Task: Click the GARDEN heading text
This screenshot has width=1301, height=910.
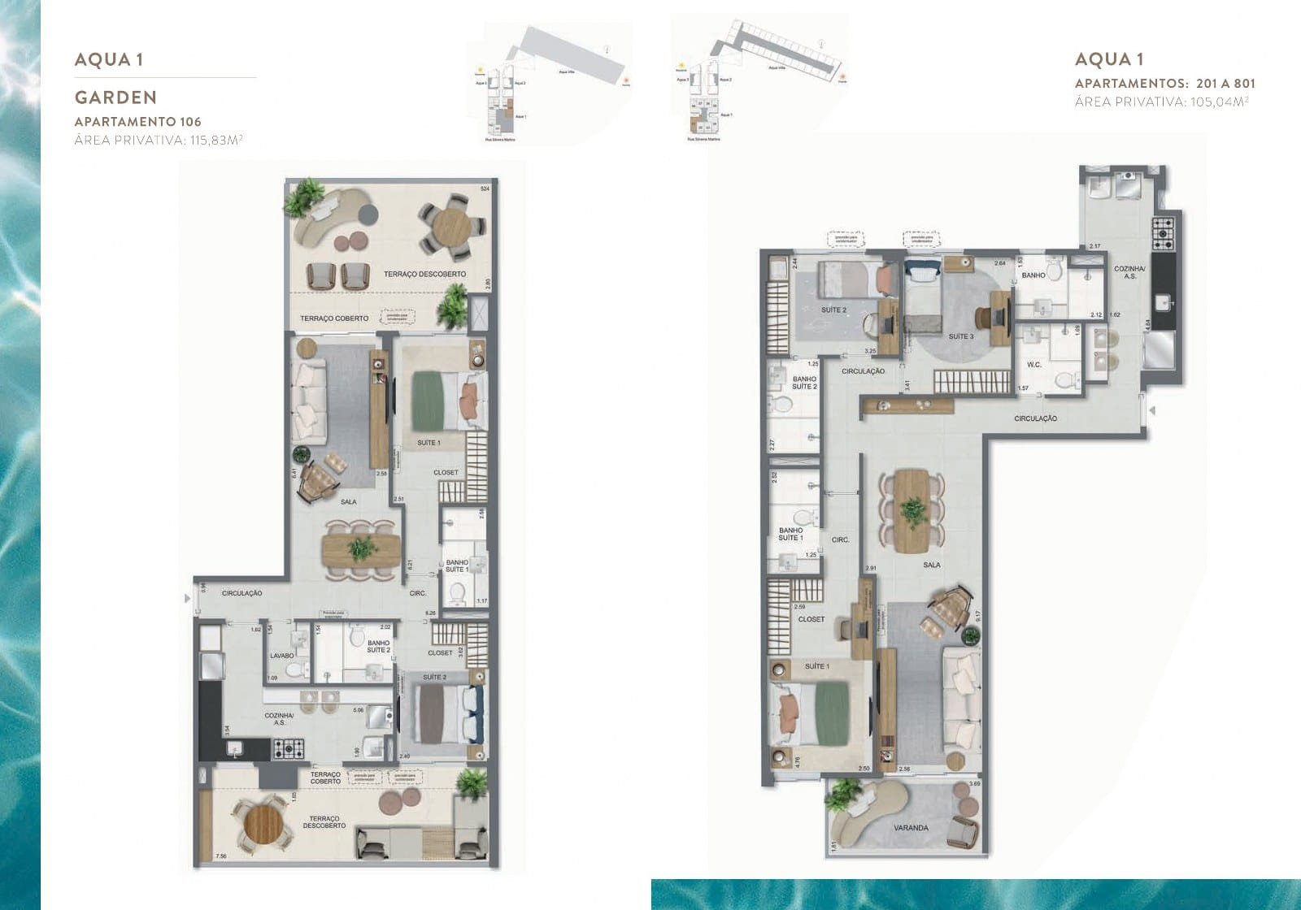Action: coord(115,97)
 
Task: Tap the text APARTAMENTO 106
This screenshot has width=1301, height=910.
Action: coord(138,122)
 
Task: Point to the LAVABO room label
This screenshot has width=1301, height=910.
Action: coord(282,655)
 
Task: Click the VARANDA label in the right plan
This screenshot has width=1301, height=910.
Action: coord(910,828)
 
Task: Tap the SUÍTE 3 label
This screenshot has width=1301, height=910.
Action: coord(960,336)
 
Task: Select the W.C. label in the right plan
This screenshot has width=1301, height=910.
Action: coord(1034,365)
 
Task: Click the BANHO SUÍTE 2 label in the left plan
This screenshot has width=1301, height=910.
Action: coord(378,647)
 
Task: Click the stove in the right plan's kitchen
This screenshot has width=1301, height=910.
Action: coord(1164,233)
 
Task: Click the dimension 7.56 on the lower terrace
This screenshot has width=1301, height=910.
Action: coord(220,856)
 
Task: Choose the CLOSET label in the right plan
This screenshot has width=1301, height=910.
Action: coord(811,619)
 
